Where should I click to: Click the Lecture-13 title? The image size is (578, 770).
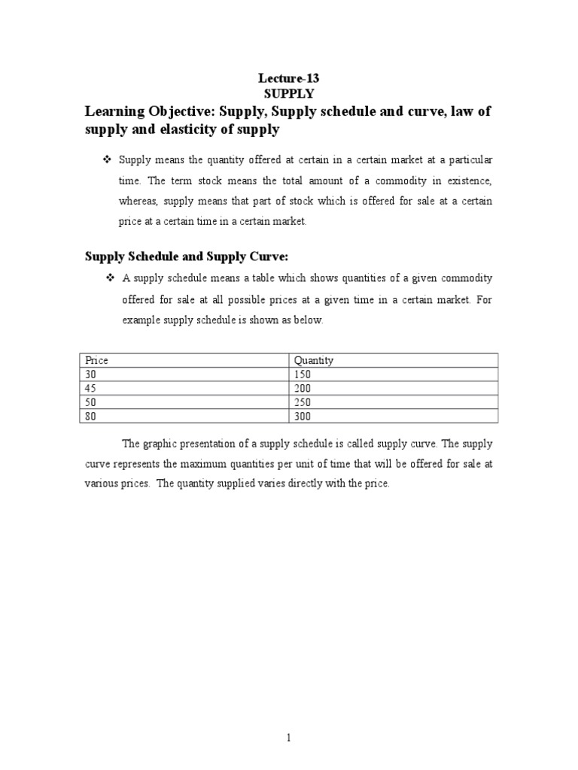coord(288,79)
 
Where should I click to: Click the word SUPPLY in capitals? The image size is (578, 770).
coord(288,94)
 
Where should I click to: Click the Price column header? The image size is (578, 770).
coord(97,360)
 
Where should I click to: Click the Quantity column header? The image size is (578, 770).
coord(314,360)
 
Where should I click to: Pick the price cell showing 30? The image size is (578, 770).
coord(92,374)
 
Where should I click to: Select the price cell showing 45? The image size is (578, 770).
coord(92,388)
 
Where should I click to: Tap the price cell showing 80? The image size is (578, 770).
coord(92,416)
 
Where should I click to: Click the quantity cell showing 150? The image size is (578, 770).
coord(303,374)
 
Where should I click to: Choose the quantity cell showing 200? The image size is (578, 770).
coord(303,388)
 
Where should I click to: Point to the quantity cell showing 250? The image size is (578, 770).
coord(303,402)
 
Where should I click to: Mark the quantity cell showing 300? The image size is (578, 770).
coord(303,416)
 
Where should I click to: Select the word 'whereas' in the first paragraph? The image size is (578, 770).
coord(140,202)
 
